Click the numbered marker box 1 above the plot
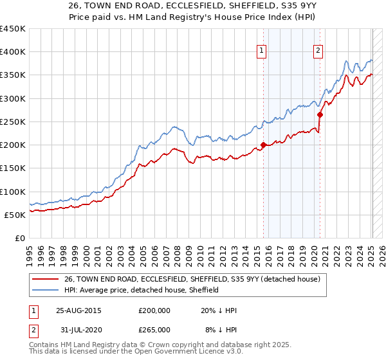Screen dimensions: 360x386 click(x=262, y=51)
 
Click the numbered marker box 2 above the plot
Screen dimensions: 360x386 click(x=318, y=51)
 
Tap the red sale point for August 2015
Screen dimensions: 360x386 click(x=263, y=145)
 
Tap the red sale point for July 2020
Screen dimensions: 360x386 click(x=320, y=115)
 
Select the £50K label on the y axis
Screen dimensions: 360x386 click(x=15, y=215)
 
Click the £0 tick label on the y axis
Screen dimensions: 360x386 click(x=19, y=238)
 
